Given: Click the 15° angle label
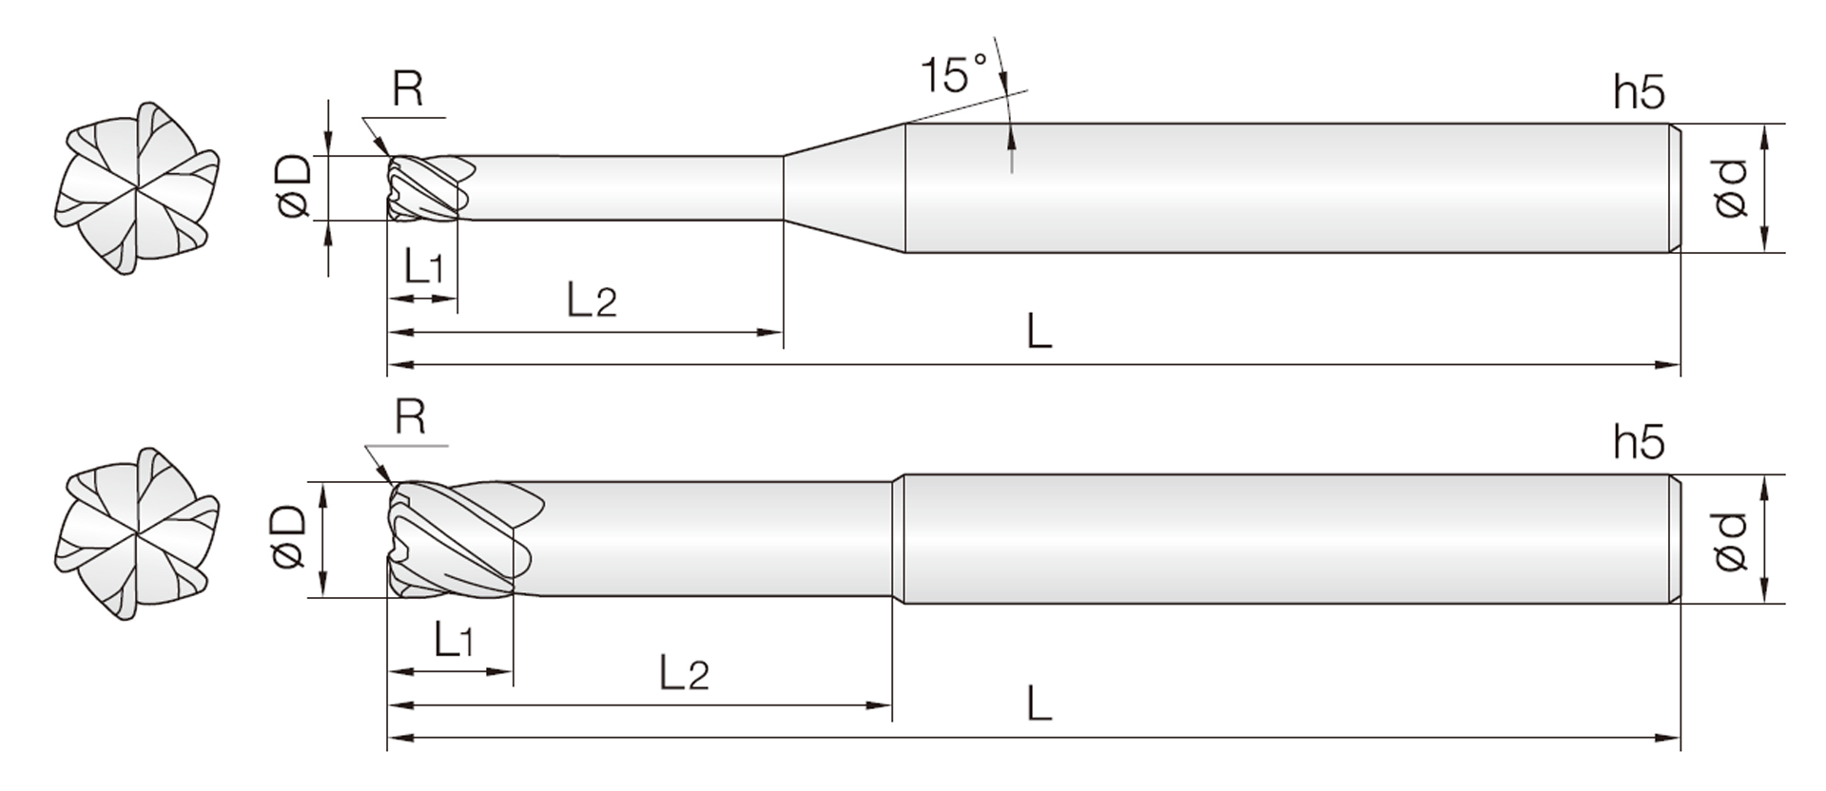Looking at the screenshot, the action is coord(955,73).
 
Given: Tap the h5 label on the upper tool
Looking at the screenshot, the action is coord(1640,92).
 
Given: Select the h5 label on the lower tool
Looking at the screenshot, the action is coord(1640,442).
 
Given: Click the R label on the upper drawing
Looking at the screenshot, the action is coord(407,89).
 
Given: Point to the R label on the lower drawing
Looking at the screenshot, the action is coord(410,417).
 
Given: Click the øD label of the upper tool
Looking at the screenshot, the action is coord(294,186).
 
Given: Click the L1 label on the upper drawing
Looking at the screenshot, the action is coord(423,267).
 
